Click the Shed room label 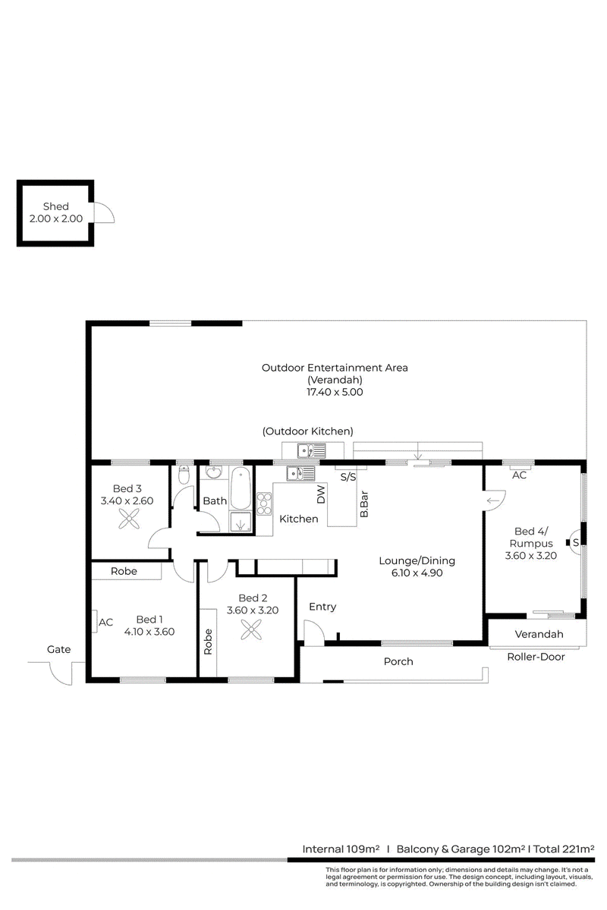point(55,206)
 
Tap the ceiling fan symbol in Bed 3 point(129,519)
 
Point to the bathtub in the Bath point(241,488)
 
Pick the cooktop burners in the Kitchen point(264,504)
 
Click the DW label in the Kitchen point(321,494)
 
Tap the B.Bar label point(364,504)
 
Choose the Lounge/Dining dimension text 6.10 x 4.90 point(417,573)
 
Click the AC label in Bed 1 point(105,623)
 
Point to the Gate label point(58,649)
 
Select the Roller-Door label point(536,657)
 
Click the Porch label point(398,661)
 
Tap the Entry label point(322,607)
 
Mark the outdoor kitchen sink point(311,450)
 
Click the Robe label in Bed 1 point(124,571)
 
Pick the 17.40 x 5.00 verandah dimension point(334,392)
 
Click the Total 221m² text point(564,849)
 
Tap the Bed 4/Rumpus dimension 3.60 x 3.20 point(530,556)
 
